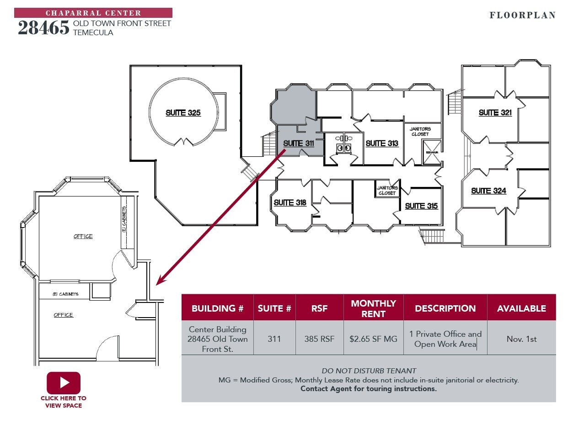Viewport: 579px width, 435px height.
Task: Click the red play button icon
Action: pyautogui.click(x=64, y=382)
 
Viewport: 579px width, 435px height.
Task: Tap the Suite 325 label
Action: pyautogui.click(x=183, y=113)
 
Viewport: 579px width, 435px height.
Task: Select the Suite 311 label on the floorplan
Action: pyautogui.click(x=299, y=143)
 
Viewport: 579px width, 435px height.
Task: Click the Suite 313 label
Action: pyautogui.click(x=382, y=143)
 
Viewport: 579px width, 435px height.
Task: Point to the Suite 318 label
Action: pyautogui.click(x=290, y=202)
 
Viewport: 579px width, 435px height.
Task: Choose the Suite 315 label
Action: pyautogui.click(x=421, y=206)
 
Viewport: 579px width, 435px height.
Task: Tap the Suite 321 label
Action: pyautogui.click(x=495, y=113)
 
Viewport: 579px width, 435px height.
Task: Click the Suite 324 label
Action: pyautogui.click(x=488, y=191)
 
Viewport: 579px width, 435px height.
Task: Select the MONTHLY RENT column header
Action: pyautogui.click(x=373, y=308)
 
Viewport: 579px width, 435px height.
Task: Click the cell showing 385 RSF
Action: pyautogui.click(x=319, y=339)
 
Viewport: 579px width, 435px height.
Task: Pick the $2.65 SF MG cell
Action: pyautogui.click(x=373, y=339)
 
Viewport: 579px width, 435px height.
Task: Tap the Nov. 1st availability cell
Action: pyautogui.click(x=521, y=339)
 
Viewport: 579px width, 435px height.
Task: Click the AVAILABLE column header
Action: pyautogui.click(x=521, y=308)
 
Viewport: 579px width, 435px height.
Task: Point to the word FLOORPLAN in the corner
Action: pyautogui.click(x=523, y=15)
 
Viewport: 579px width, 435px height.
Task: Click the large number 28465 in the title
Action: pyautogui.click(x=43, y=28)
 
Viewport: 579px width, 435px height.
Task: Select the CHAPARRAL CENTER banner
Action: pyautogui.click(x=93, y=13)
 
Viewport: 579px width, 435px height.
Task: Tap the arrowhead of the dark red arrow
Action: pyautogui.click(x=159, y=282)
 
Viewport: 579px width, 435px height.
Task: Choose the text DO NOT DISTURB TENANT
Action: pyautogui.click(x=369, y=371)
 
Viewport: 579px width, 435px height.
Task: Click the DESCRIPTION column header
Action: pyautogui.click(x=445, y=308)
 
